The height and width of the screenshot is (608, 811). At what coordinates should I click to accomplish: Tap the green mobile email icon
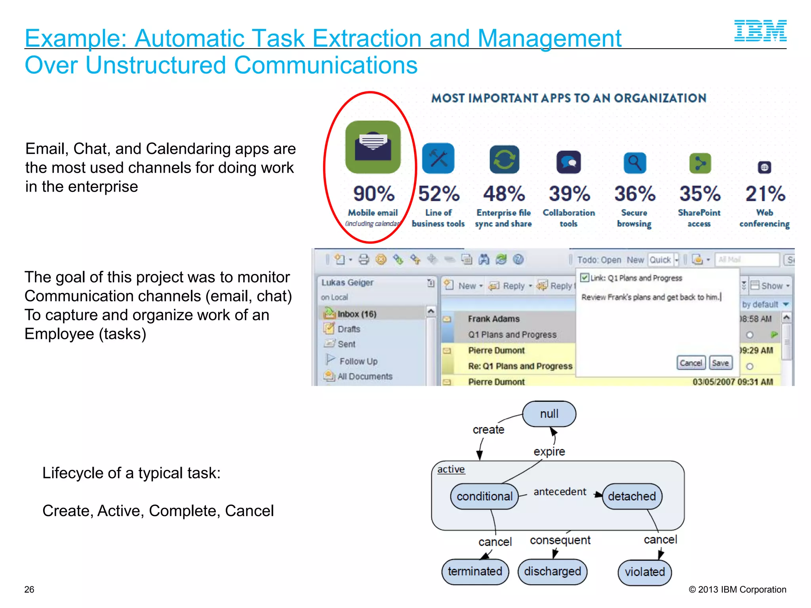[x=373, y=147]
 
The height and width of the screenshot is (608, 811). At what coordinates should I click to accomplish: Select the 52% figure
[x=439, y=194]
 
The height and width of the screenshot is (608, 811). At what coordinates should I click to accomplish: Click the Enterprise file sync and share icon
[x=504, y=160]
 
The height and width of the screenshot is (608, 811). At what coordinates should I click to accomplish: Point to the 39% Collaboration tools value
[x=569, y=194]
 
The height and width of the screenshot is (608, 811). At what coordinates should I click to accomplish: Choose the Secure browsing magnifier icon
[x=634, y=163]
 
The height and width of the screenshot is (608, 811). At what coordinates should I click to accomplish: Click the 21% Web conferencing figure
[x=765, y=194]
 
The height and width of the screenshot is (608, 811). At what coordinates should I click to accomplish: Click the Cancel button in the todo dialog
[x=691, y=363]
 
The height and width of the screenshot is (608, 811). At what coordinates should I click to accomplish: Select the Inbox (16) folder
[x=356, y=314]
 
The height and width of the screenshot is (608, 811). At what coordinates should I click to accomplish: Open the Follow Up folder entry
[x=358, y=361]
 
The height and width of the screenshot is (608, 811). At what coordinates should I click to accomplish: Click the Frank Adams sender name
[x=493, y=319]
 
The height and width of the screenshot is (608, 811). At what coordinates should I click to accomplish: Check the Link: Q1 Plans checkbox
[x=584, y=277]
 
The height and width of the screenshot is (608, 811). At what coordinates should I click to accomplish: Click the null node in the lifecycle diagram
[x=549, y=414]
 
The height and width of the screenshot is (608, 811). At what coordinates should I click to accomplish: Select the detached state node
[x=632, y=496]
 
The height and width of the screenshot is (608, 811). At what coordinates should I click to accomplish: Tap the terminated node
[x=475, y=571]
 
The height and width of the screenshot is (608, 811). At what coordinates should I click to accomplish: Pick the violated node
[x=644, y=572]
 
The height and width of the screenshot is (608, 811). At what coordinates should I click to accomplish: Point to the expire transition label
[x=549, y=451]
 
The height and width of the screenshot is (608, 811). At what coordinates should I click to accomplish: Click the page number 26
[x=29, y=589]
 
